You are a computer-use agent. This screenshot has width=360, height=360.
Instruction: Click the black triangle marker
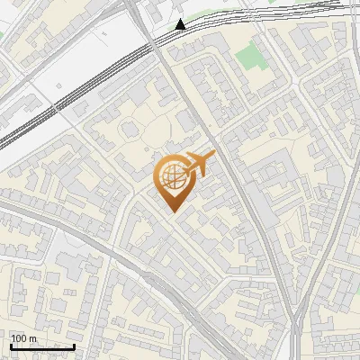pos(182,24)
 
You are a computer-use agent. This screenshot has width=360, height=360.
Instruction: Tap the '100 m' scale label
pos(23,338)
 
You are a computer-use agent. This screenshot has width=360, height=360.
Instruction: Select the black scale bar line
pos(42,346)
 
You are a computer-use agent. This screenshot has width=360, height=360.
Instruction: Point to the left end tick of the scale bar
pos(11,345)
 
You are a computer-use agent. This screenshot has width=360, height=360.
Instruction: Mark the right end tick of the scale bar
pos(75,345)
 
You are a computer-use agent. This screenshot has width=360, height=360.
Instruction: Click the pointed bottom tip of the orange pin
pos(174,212)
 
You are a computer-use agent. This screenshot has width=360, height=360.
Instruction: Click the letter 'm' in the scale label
pos(32,338)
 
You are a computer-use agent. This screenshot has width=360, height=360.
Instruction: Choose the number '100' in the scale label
pos(19,338)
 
